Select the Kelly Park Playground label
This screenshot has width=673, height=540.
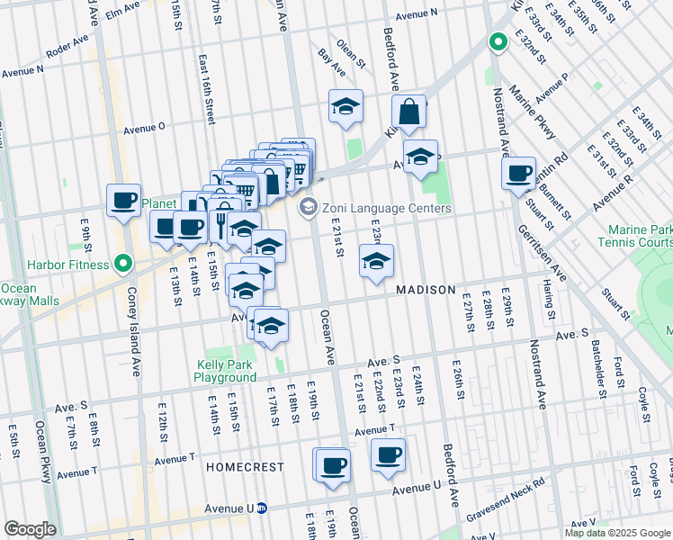click(226, 372)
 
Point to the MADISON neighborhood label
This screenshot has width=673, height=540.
click(426, 290)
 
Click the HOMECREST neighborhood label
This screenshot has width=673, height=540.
click(245, 468)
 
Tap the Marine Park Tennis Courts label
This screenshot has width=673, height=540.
click(640, 237)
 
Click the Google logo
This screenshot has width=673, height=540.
click(30, 529)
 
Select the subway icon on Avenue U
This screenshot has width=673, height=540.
click(262, 508)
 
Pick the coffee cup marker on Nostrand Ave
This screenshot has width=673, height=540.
click(519, 174)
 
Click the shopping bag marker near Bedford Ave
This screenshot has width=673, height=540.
click(408, 112)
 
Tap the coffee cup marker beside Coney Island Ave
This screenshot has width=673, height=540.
click(123, 201)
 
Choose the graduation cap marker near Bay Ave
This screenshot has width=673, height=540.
click(345, 108)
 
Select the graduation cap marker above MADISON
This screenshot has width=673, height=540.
click(377, 262)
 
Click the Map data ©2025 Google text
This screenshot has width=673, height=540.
click(617, 533)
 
